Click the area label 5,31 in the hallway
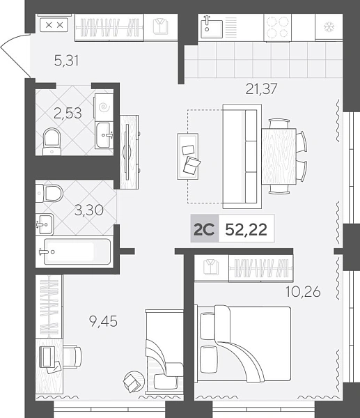coord(66,60)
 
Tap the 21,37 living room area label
coord(261,88)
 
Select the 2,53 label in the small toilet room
coord(68,113)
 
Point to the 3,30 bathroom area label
coord(89,210)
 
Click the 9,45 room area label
coord(103,321)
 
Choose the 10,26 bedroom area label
coord(303,292)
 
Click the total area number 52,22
coord(246,229)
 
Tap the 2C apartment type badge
coord(204,229)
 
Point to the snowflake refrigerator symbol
coord(329,27)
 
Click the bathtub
coord(77,251)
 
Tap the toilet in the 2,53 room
coord(52,142)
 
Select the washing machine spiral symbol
coord(104,108)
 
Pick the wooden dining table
coord(279,156)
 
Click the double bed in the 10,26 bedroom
coord(243,344)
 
